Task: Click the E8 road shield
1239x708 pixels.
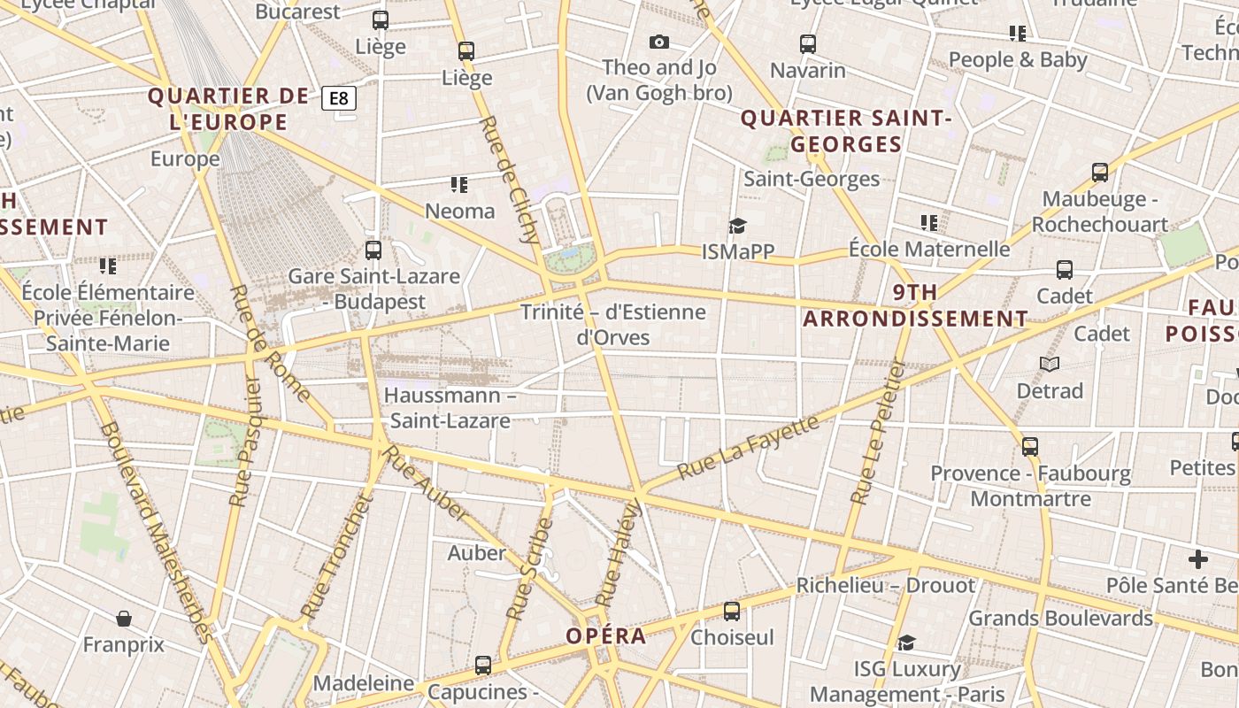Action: point(339,98)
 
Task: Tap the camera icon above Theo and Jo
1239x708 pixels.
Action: point(659,42)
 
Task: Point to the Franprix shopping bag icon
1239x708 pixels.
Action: point(124,618)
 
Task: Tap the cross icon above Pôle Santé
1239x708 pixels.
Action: point(1198,559)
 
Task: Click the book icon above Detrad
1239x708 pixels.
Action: point(1050,364)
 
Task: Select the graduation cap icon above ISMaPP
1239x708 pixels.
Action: point(737,227)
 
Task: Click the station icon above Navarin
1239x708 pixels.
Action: point(807,43)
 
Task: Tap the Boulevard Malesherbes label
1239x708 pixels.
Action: point(157,531)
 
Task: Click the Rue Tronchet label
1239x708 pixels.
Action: point(336,558)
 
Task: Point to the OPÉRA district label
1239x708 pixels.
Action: point(606,636)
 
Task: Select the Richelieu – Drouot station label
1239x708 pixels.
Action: point(885,585)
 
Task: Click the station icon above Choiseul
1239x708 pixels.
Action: point(732,611)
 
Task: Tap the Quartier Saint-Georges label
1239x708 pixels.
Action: point(845,131)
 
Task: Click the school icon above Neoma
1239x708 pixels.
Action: point(458,185)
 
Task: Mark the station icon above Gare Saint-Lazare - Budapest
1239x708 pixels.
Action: point(373,250)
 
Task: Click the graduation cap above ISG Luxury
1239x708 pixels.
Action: point(906,643)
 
